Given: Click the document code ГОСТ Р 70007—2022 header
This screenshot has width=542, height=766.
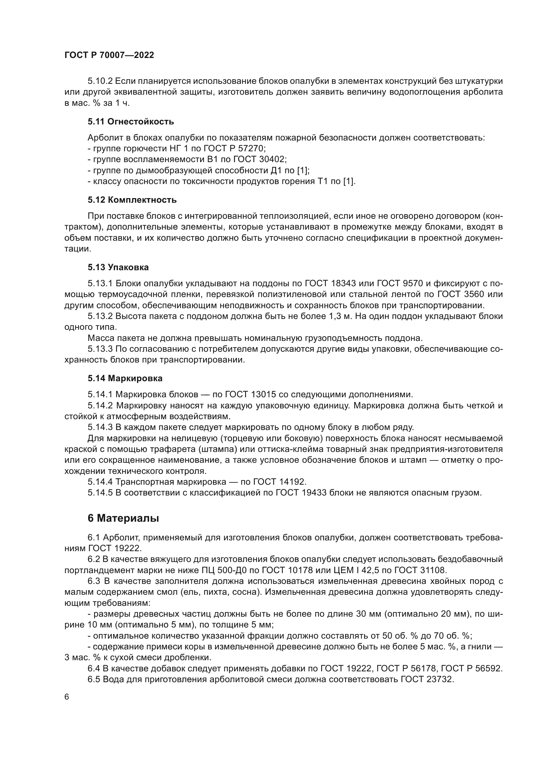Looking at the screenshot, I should pos(109,55).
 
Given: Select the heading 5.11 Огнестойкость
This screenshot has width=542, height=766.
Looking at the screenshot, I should pos(131,121).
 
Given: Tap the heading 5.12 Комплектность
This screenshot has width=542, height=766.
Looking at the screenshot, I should pos(132,200).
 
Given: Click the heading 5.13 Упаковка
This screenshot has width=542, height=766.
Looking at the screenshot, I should pos(118,267).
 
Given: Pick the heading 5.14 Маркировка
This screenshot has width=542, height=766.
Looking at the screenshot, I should pos(125,378).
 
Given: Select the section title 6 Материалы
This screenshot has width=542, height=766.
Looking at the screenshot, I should pos(123,518).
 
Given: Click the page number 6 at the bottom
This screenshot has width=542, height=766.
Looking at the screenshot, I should pos(67,697).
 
